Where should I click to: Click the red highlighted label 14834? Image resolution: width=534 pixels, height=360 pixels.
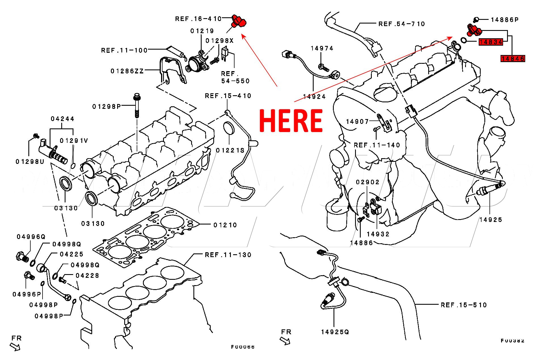coord(491,42)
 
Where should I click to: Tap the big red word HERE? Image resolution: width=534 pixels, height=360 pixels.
coord(291,120)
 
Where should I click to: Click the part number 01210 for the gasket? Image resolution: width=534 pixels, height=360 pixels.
coord(225,225)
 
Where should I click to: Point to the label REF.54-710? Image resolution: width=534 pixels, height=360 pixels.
coord(402,24)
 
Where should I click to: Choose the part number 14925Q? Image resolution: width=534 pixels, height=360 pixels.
coord(335,332)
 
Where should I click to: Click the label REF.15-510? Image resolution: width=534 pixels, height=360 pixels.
coord(464,305)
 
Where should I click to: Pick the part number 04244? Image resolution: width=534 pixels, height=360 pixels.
coord(62,119)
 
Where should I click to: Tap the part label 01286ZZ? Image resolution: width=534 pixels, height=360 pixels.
coord(127,71)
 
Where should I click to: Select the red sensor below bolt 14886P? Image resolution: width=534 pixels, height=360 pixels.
coord(473,30)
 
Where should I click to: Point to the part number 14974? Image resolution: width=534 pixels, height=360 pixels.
coord(322,48)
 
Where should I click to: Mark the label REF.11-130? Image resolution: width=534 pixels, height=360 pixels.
coord(228,255)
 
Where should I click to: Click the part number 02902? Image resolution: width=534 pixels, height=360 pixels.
coord(368,182)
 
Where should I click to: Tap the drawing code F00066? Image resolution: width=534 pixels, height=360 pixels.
coord(243,347)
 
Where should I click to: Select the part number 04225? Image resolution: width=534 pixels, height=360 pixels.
coord(71,254)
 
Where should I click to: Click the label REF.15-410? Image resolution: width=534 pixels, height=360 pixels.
coord(228,96)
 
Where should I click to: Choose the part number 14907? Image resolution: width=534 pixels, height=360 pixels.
coord(357,122)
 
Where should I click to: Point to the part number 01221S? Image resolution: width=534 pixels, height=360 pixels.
coord(230,150)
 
